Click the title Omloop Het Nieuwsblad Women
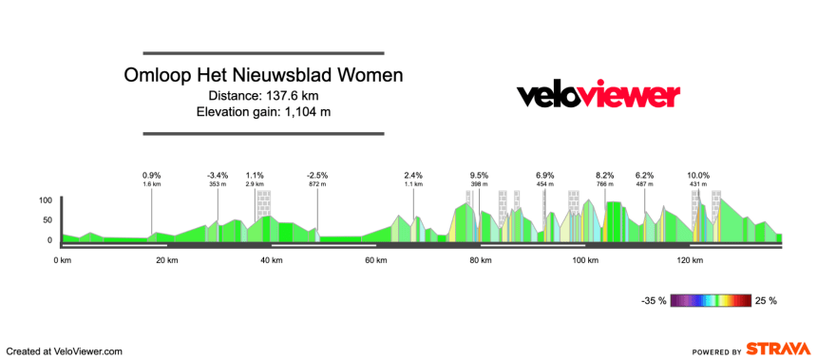[x=263, y=75]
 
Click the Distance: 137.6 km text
[x=263, y=95]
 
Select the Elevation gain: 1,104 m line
[x=263, y=112]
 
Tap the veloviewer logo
[x=598, y=95]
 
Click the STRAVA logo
[x=777, y=350]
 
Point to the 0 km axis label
[x=63, y=259]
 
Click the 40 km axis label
[x=270, y=259]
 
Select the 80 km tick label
[x=479, y=259]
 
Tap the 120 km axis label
[x=689, y=259]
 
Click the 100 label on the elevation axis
[x=45, y=200]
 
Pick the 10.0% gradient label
[x=698, y=176]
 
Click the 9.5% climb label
[x=479, y=176]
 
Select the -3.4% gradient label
[x=218, y=176]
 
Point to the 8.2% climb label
[x=605, y=176]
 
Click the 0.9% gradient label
[x=152, y=176]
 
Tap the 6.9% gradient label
[x=544, y=176]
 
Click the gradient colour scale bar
[x=711, y=301]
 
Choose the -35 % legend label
[x=654, y=301]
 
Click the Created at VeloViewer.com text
[x=65, y=351]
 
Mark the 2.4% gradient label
[x=413, y=176]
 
